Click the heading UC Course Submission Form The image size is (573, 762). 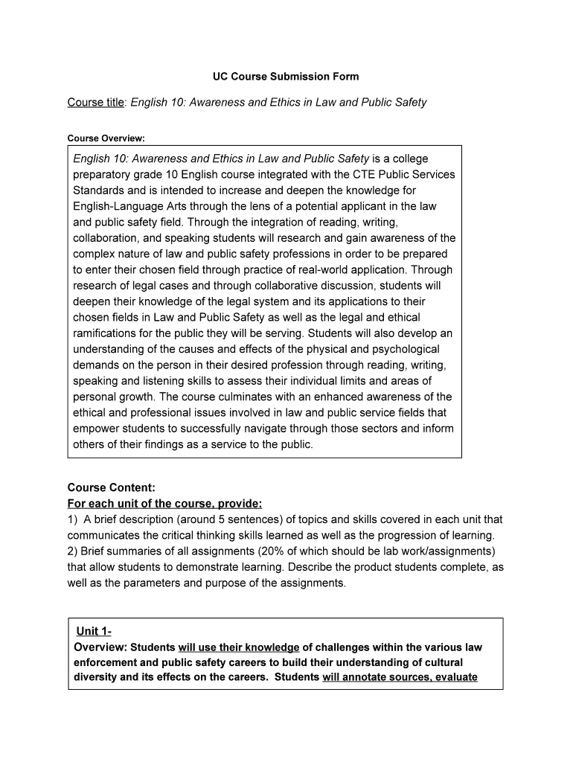click(282, 77)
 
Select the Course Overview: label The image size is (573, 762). click(106, 138)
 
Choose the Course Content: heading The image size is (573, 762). click(111, 487)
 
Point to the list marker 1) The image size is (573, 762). click(73, 519)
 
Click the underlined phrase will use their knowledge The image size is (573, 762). click(238, 647)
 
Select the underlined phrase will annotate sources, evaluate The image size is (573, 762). click(400, 677)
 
